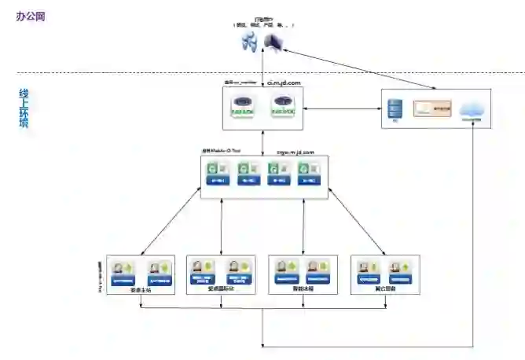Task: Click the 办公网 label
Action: coord(31,16)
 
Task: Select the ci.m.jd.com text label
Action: coord(284,81)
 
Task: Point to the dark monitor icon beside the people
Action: coord(274,42)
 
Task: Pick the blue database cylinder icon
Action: coord(395,108)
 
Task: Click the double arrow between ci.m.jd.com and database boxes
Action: coord(343,109)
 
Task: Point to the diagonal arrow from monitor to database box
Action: coord(338,70)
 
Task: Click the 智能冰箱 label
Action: coord(303,289)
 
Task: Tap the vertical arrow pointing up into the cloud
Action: coord(472,236)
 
